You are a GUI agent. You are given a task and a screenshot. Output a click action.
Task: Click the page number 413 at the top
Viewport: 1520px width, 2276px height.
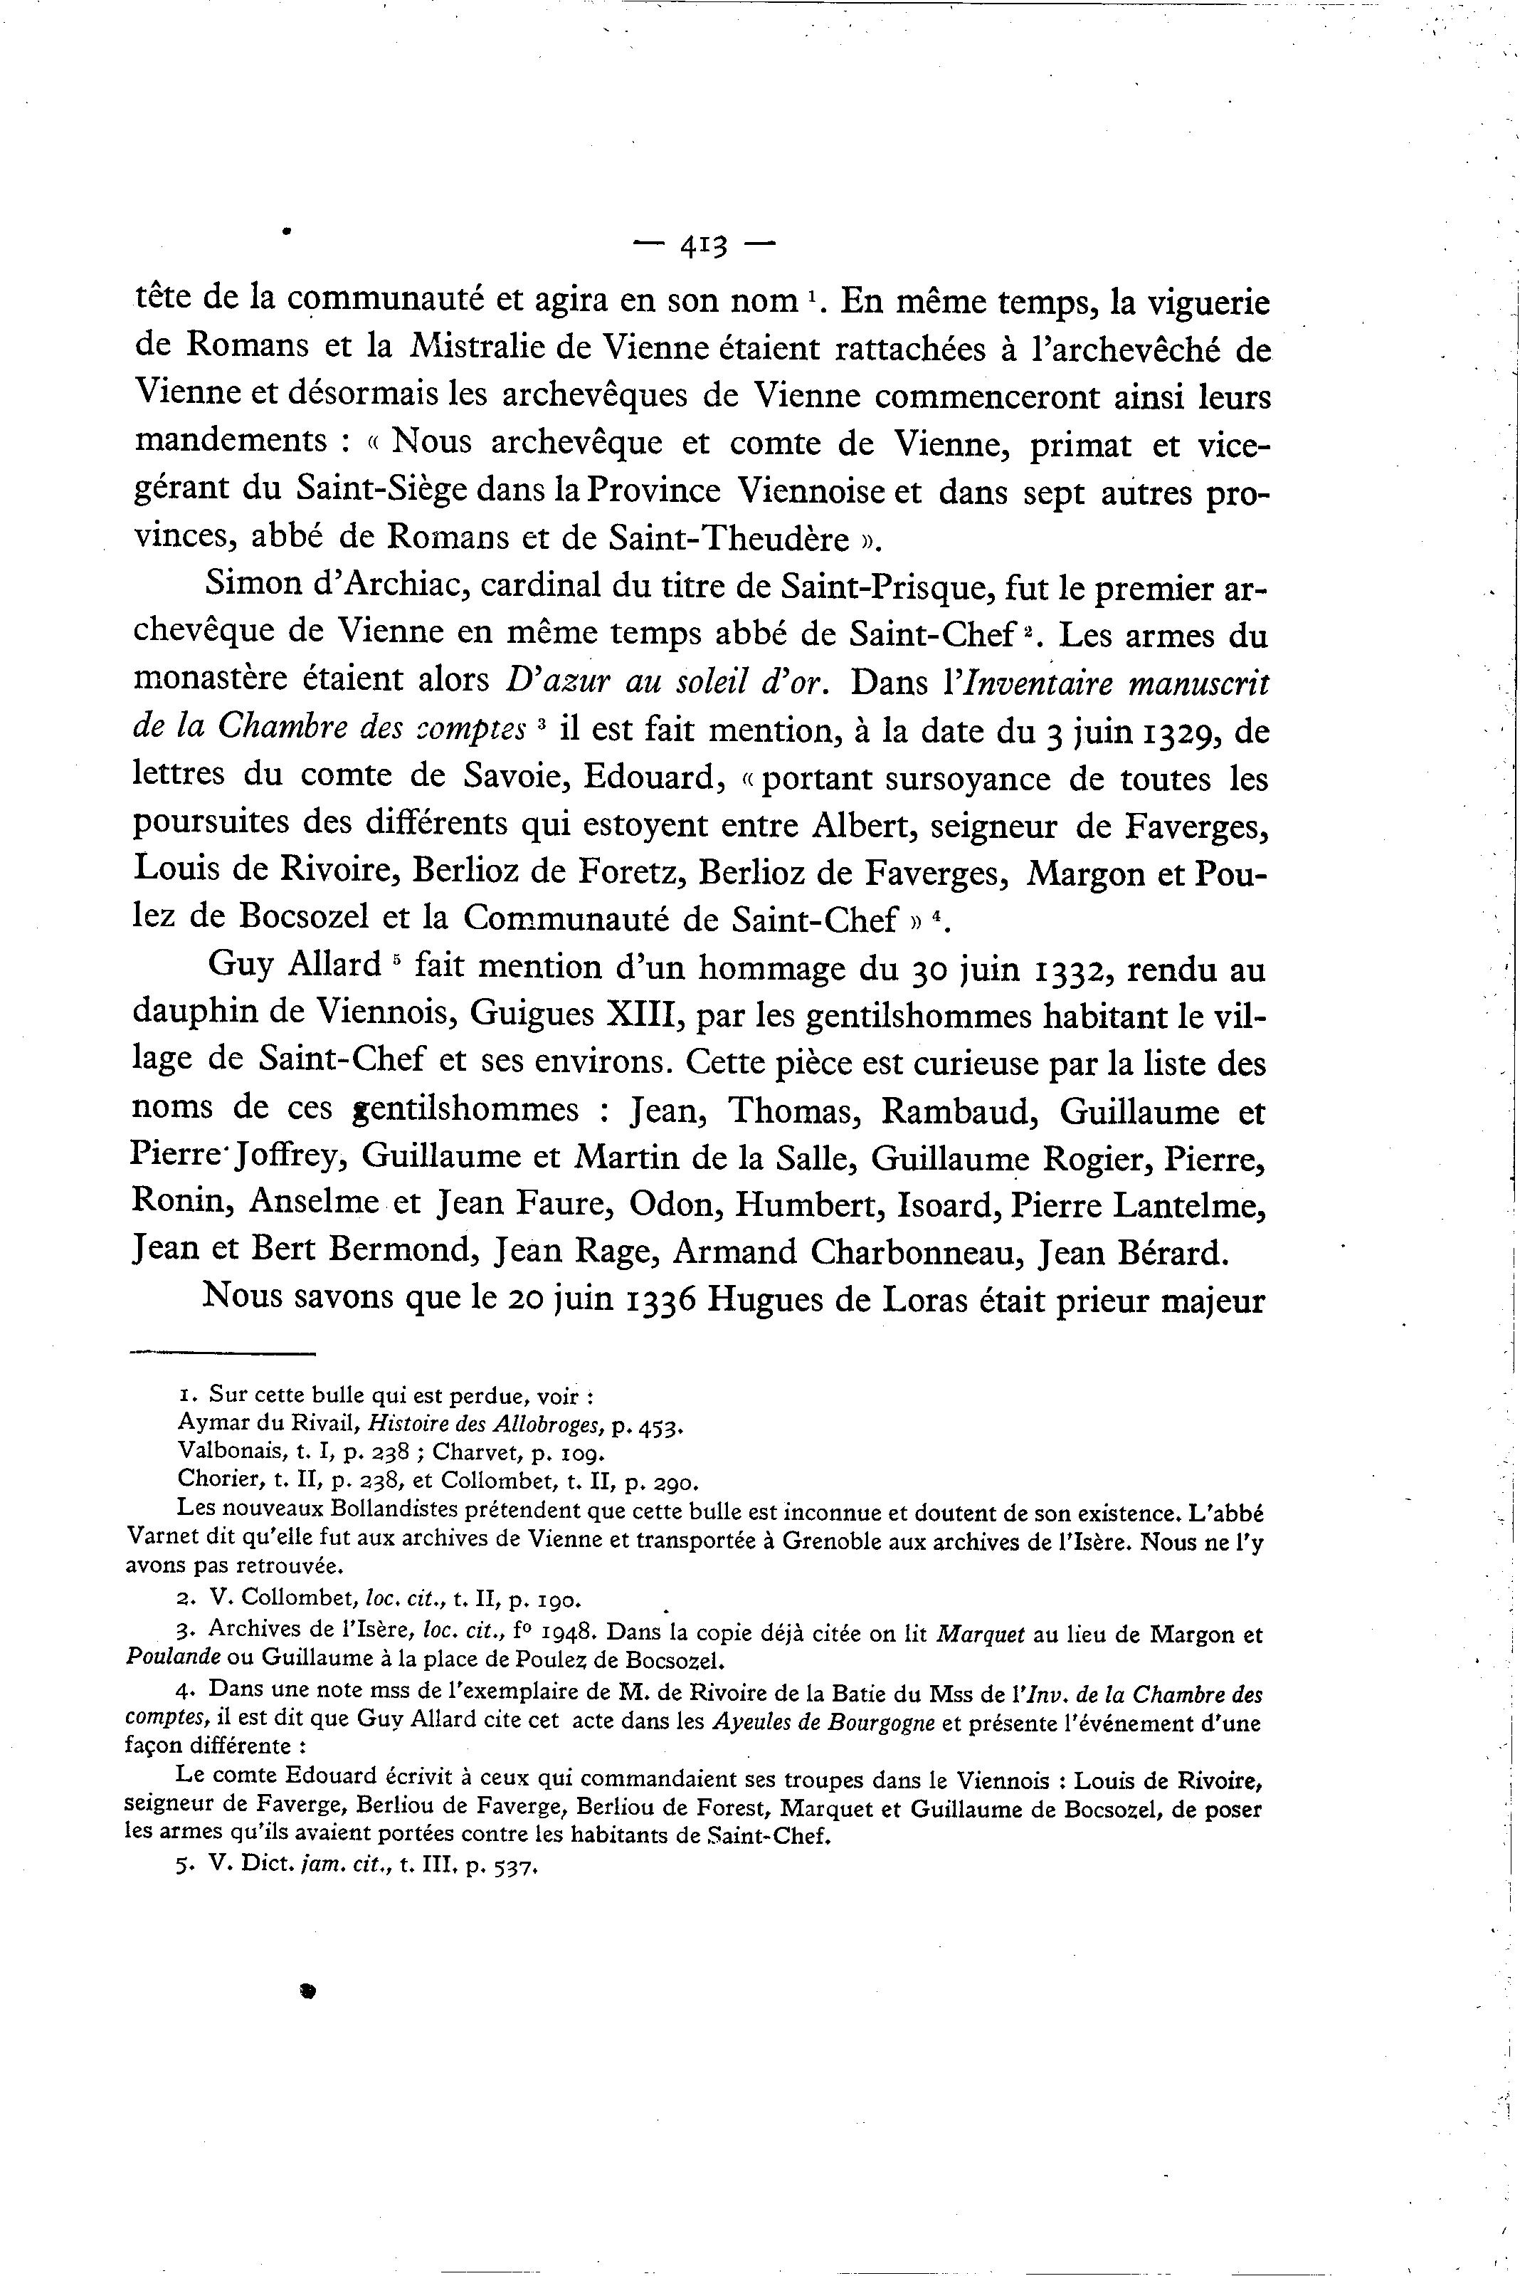pos(704,247)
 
